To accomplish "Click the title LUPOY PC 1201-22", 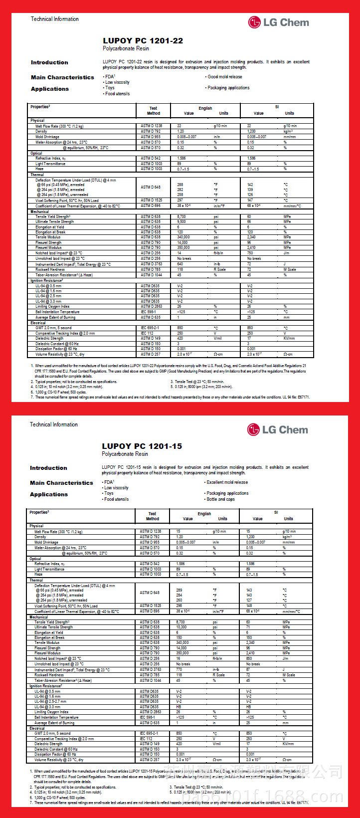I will pos(143,41).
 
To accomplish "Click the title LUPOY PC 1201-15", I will pos(142,446).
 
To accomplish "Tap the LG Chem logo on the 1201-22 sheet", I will pos(279,22).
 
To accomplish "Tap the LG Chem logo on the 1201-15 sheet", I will pos(278,429).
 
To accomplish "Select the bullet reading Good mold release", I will pos(224,77).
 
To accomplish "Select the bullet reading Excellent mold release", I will pos(227,482).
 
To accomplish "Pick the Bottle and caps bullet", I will pos(220,499).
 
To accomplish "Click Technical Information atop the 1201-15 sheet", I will pos(54,424).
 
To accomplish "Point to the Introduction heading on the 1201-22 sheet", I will pos(49,62).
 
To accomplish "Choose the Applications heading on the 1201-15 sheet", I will pos(49,494).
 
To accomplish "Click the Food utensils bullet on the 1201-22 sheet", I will pos(117,94).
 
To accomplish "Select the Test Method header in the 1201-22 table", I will pos(153,110).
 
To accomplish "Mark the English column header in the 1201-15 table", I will pos(204,513).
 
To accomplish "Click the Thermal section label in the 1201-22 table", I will pos(37,175).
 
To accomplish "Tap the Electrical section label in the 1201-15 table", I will pos(37,728).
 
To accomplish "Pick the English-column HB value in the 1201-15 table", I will pos(179,707).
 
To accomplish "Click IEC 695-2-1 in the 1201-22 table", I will pos(151,328).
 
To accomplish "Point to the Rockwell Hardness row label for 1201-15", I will pos(49,675).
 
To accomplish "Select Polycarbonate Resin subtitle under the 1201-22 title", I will pos(126,49).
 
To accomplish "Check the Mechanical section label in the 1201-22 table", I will pos(39,211).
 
